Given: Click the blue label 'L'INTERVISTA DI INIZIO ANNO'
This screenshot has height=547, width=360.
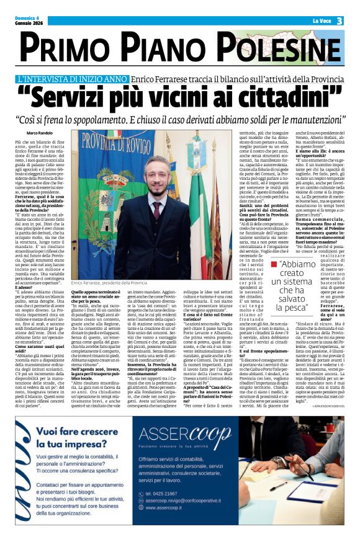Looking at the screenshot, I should (x=73, y=80).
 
